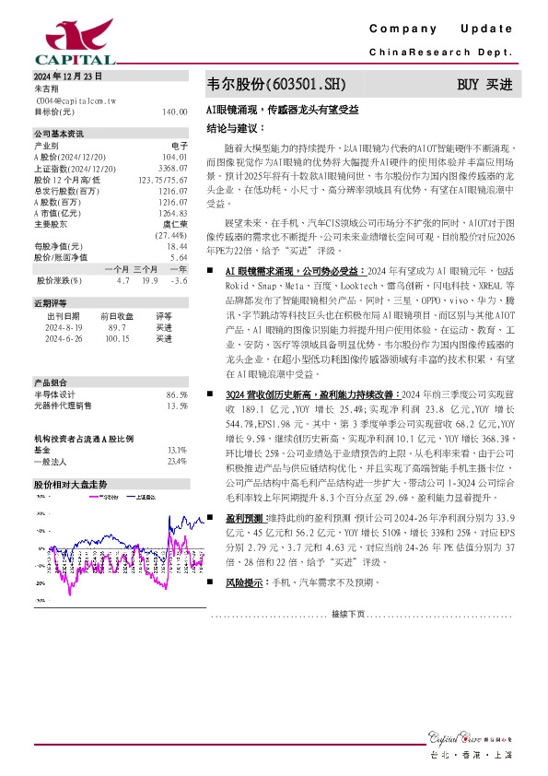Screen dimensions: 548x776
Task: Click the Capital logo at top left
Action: [58, 38]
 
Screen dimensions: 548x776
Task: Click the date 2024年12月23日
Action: [68, 76]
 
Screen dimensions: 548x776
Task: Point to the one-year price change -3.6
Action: [180, 280]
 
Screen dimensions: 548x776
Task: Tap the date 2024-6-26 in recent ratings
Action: [64, 338]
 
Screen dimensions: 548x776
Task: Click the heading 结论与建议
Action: [230, 127]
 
